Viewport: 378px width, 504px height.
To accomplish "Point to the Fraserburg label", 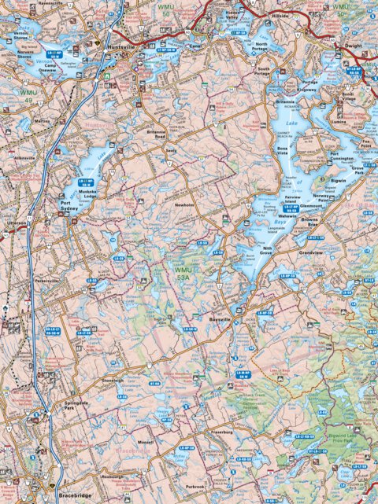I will pyautogui.click(x=221, y=432).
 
